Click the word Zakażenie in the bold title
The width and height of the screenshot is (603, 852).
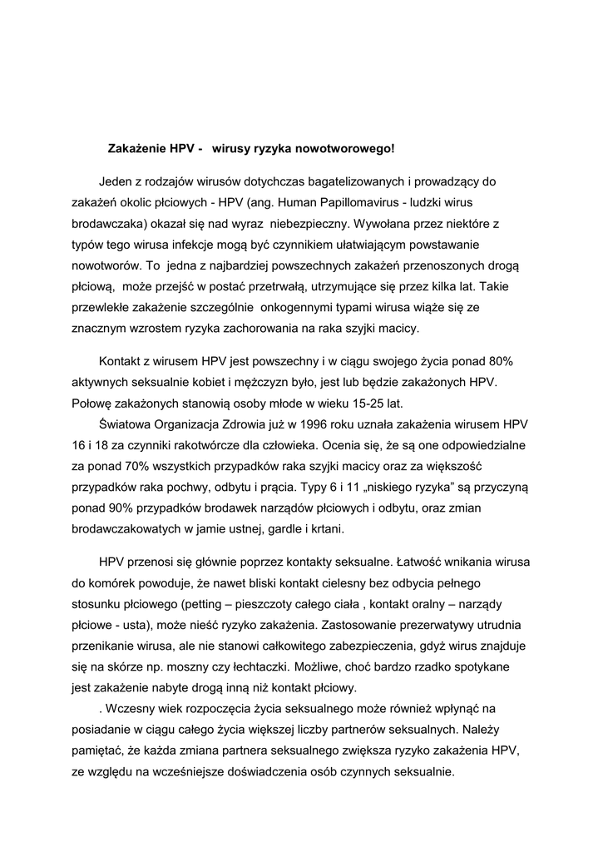[x=136, y=150]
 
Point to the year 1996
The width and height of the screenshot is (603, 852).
[x=304, y=425]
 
